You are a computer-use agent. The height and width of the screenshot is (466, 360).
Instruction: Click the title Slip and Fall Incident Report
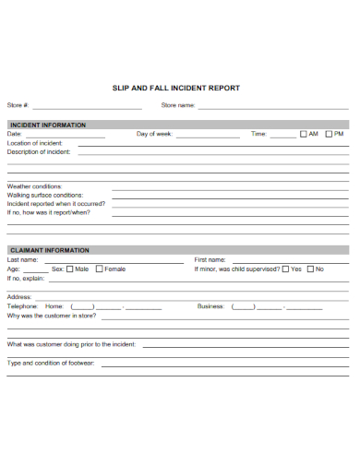(175, 89)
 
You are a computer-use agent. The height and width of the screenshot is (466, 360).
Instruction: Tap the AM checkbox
(303, 135)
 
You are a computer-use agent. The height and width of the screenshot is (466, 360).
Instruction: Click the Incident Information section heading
(47, 125)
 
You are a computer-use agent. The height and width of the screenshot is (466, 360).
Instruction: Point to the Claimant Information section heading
(49, 250)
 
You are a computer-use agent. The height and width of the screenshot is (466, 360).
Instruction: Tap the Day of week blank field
(208, 137)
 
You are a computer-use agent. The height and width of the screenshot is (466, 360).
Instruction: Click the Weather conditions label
(34, 186)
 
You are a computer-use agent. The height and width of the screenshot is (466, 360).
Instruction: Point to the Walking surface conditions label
(45, 196)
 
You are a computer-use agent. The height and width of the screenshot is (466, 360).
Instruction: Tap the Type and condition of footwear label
(51, 363)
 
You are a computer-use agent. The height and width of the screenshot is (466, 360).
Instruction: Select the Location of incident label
(35, 143)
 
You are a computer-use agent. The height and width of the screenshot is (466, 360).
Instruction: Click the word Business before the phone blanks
(210, 305)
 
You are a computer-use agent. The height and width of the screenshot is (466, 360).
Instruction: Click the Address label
(19, 296)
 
